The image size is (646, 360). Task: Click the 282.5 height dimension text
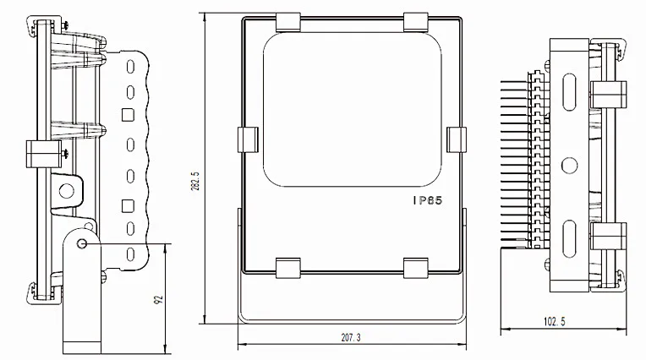pyautogui.click(x=195, y=181)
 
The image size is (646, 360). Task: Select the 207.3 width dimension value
pyautogui.click(x=351, y=337)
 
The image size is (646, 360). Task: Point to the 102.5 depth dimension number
pyautogui.click(x=555, y=321)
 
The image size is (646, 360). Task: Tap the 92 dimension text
pyautogui.click(x=158, y=300)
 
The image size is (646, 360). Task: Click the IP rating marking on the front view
pyautogui.click(x=428, y=200)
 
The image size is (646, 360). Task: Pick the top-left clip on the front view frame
pyautogui.click(x=288, y=22)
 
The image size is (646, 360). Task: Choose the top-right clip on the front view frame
pyautogui.click(x=416, y=22)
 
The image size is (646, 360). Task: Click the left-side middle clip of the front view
pyautogui.click(x=248, y=139)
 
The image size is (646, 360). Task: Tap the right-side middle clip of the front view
pyautogui.click(x=457, y=139)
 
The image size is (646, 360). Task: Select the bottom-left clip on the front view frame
pyautogui.click(x=288, y=268)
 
